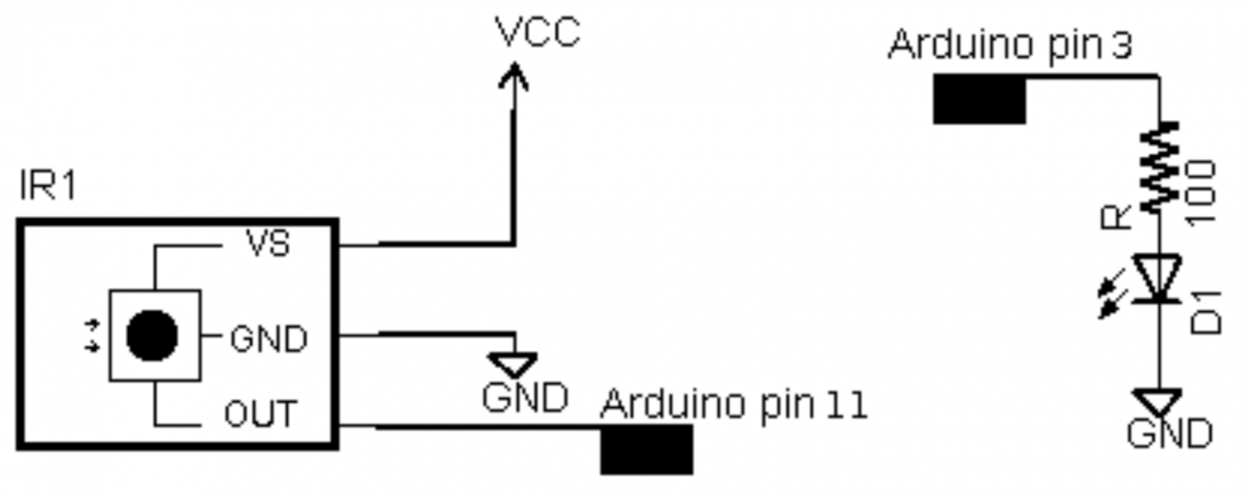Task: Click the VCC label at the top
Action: tap(537, 33)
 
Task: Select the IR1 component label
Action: tap(48, 186)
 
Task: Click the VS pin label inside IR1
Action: tap(268, 244)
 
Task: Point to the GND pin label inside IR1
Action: tap(268, 339)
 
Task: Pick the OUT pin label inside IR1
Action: tap(260, 414)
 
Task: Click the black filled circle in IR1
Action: tap(152, 335)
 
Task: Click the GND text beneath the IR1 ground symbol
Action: tap(525, 397)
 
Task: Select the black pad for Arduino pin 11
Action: tap(646, 449)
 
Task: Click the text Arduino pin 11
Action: tap(734, 405)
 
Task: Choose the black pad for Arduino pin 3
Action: tap(979, 99)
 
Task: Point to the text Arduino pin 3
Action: tap(1010, 45)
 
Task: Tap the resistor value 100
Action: tap(1202, 192)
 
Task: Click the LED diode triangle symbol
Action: tap(1158, 278)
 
